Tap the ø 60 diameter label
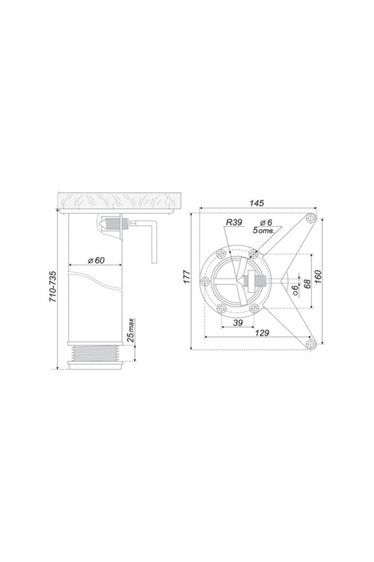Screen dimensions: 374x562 pyautogui.click(x=96, y=260)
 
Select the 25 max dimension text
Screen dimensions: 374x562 pyautogui.click(x=131, y=329)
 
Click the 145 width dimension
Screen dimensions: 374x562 pyautogui.click(x=257, y=203)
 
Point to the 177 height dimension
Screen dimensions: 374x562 pyautogui.click(x=187, y=277)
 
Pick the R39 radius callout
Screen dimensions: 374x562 pyautogui.click(x=234, y=222)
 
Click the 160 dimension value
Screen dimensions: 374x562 pyautogui.click(x=318, y=277)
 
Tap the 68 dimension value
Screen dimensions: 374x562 pyautogui.click(x=307, y=284)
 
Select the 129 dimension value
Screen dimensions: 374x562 pyautogui.click(x=262, y=333)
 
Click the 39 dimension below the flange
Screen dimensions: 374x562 pyautogui.click(x=237, y=323)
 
